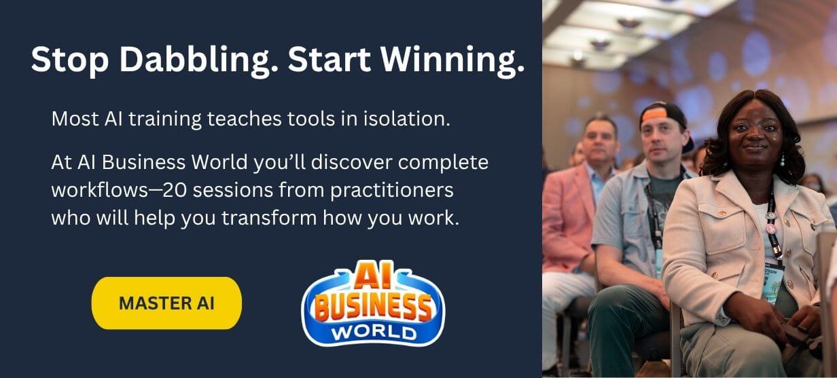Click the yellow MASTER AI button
[166, 303]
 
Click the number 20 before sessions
[177, 190]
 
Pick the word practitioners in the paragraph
[392, 191]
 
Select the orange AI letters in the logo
[372, 276]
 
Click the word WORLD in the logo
[374, 333]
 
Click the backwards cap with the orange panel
[664, 119]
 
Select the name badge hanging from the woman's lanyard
[772, 280]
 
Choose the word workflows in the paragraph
[101, 190]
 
